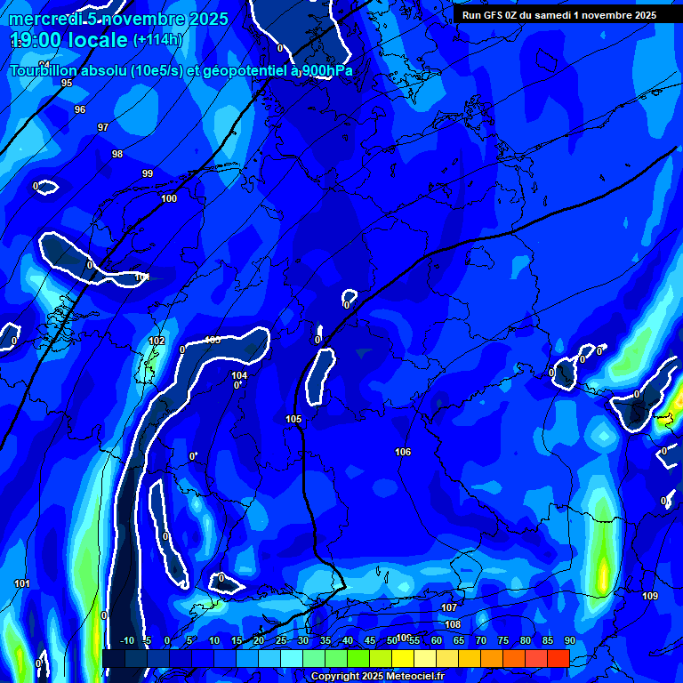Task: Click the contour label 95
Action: (67, 83)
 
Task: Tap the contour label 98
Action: (117, 154)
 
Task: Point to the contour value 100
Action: (169, 198)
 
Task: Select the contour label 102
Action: (157, 341)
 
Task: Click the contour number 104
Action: (239, 375)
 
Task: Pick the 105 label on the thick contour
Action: (293, 419)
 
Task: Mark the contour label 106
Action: (403, 452)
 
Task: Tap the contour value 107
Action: (449, 607)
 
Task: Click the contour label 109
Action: (650, 596)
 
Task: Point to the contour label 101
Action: (22, 583)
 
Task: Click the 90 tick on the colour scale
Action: (569, 641)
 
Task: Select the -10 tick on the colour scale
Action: (127, 641)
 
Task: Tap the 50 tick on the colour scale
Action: (392, 641)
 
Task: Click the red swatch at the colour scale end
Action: (558, 657)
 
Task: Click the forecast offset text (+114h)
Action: (157, 39)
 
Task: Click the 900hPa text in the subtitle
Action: (326, 70)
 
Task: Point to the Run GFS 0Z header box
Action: (558, 15)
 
